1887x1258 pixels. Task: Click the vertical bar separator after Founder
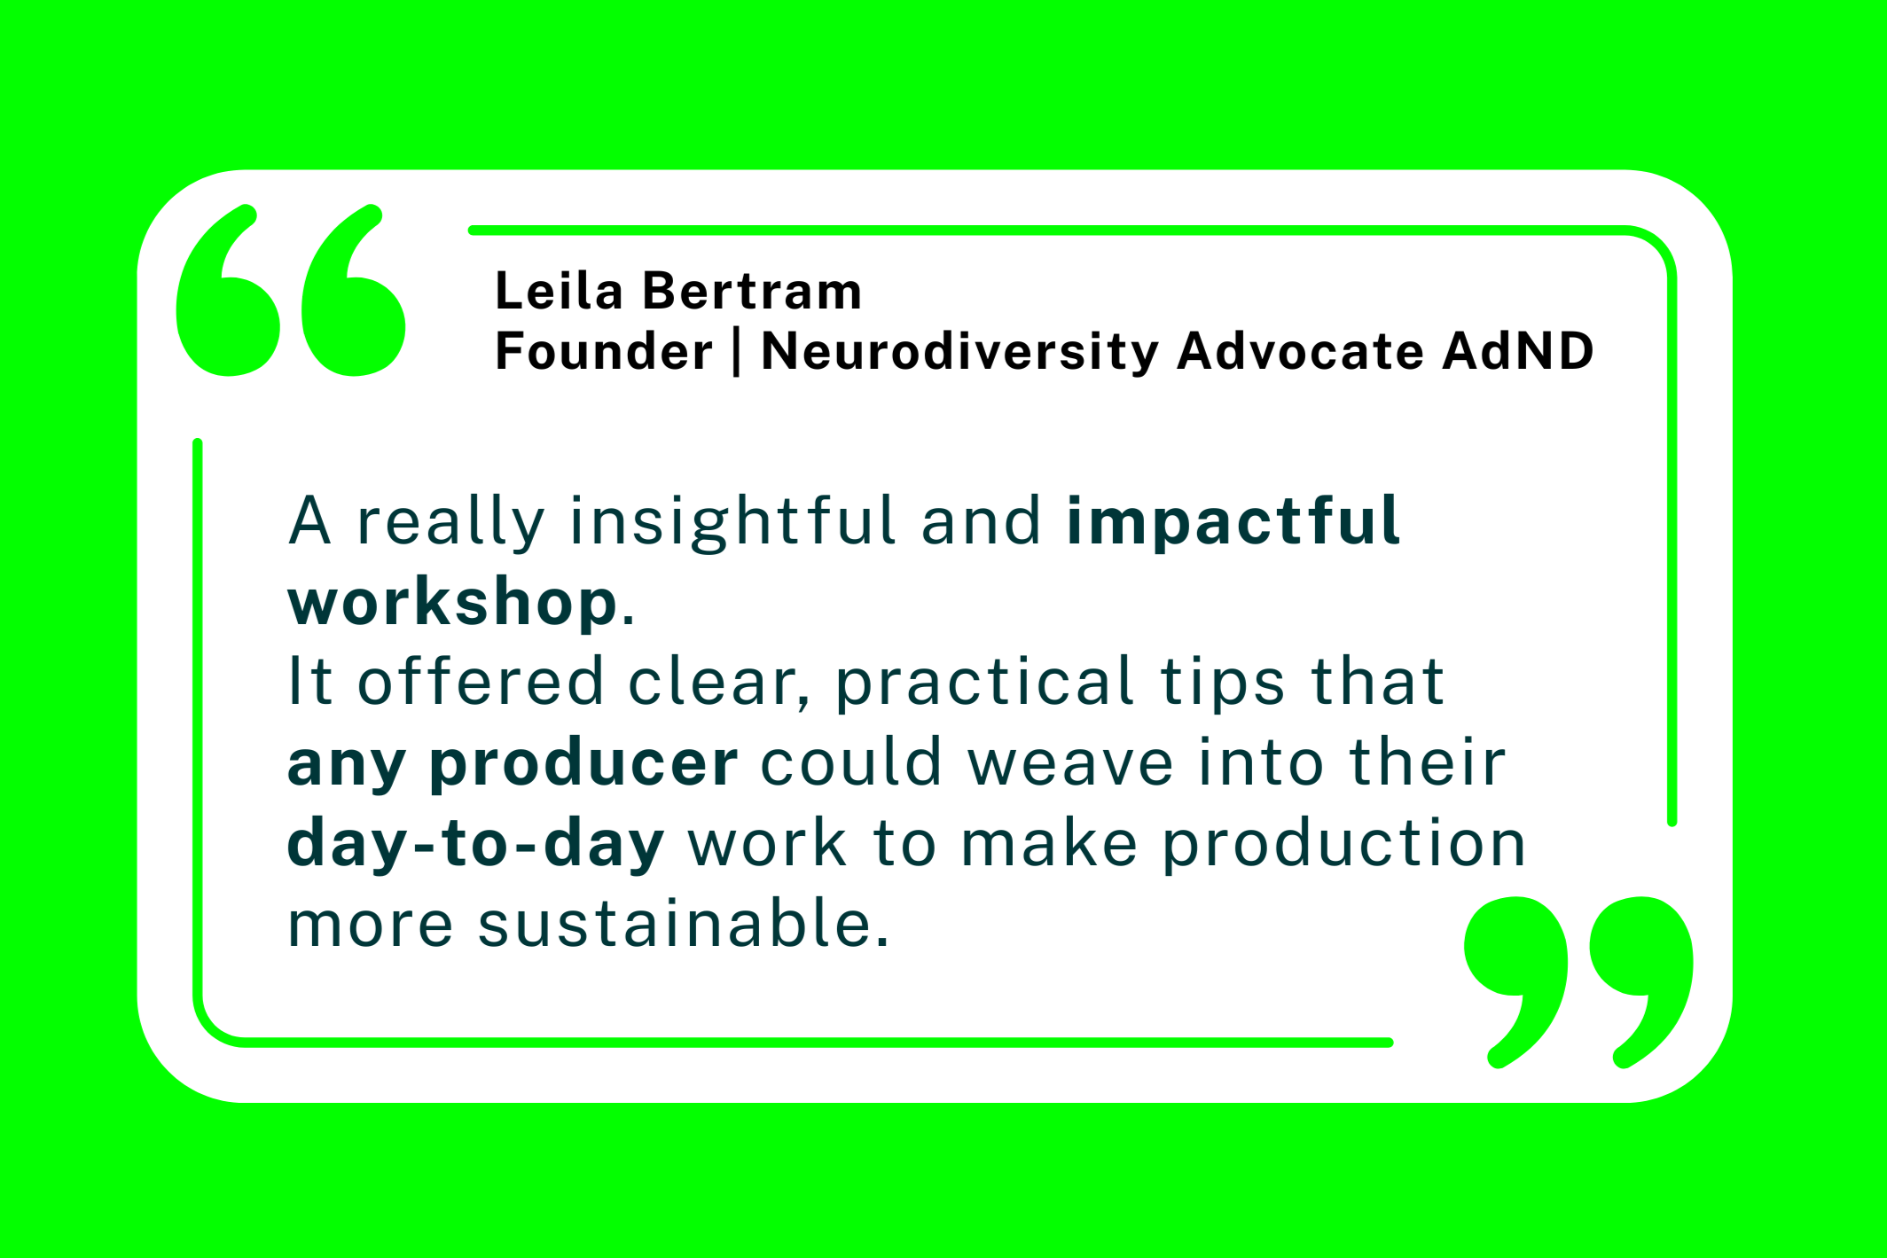(737, 352)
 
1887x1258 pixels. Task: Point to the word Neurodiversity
(959, 352)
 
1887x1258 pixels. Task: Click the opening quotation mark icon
(291, 290)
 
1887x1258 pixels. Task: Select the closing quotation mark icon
(1578, 982)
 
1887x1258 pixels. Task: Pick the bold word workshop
(452, 602)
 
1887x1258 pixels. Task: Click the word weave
(1070, 763)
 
